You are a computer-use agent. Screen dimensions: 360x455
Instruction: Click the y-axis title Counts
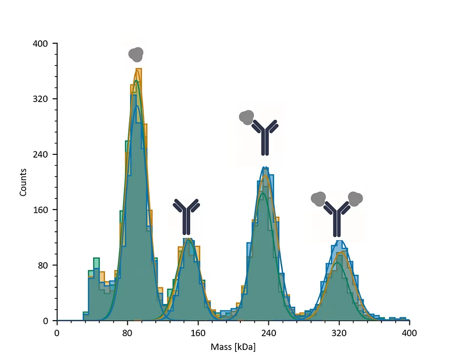(23, 182)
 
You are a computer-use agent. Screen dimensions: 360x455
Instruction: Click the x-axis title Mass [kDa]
(233, 347)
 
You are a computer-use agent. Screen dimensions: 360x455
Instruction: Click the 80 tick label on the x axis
(127, 333)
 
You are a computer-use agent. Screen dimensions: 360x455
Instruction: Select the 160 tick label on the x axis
(198, 333)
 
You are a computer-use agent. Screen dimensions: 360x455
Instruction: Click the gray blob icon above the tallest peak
(136, 55)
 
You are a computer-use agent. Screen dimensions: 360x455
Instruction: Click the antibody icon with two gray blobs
(337, 214)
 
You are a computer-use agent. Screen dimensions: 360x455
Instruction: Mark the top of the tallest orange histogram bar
(139, 69)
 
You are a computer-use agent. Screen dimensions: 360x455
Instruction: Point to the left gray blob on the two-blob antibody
(318, 198)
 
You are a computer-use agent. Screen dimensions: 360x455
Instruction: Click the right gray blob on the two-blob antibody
(355, 198)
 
